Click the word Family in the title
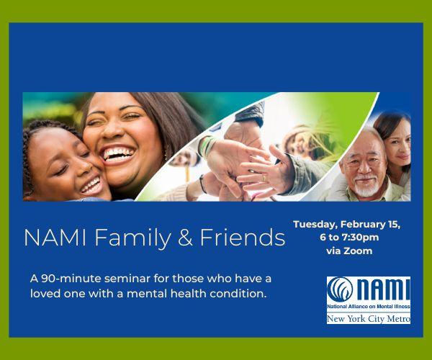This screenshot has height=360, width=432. (132, 238)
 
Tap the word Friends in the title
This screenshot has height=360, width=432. (243, 238)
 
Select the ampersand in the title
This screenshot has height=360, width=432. (185, 238)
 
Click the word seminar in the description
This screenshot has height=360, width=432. (127, 279)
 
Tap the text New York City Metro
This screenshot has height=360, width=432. (369, 319)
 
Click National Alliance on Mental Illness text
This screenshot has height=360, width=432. (369, 307)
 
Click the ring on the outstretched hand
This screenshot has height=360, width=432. (264, 178)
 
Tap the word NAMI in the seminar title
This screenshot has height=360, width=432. (55, 238)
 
